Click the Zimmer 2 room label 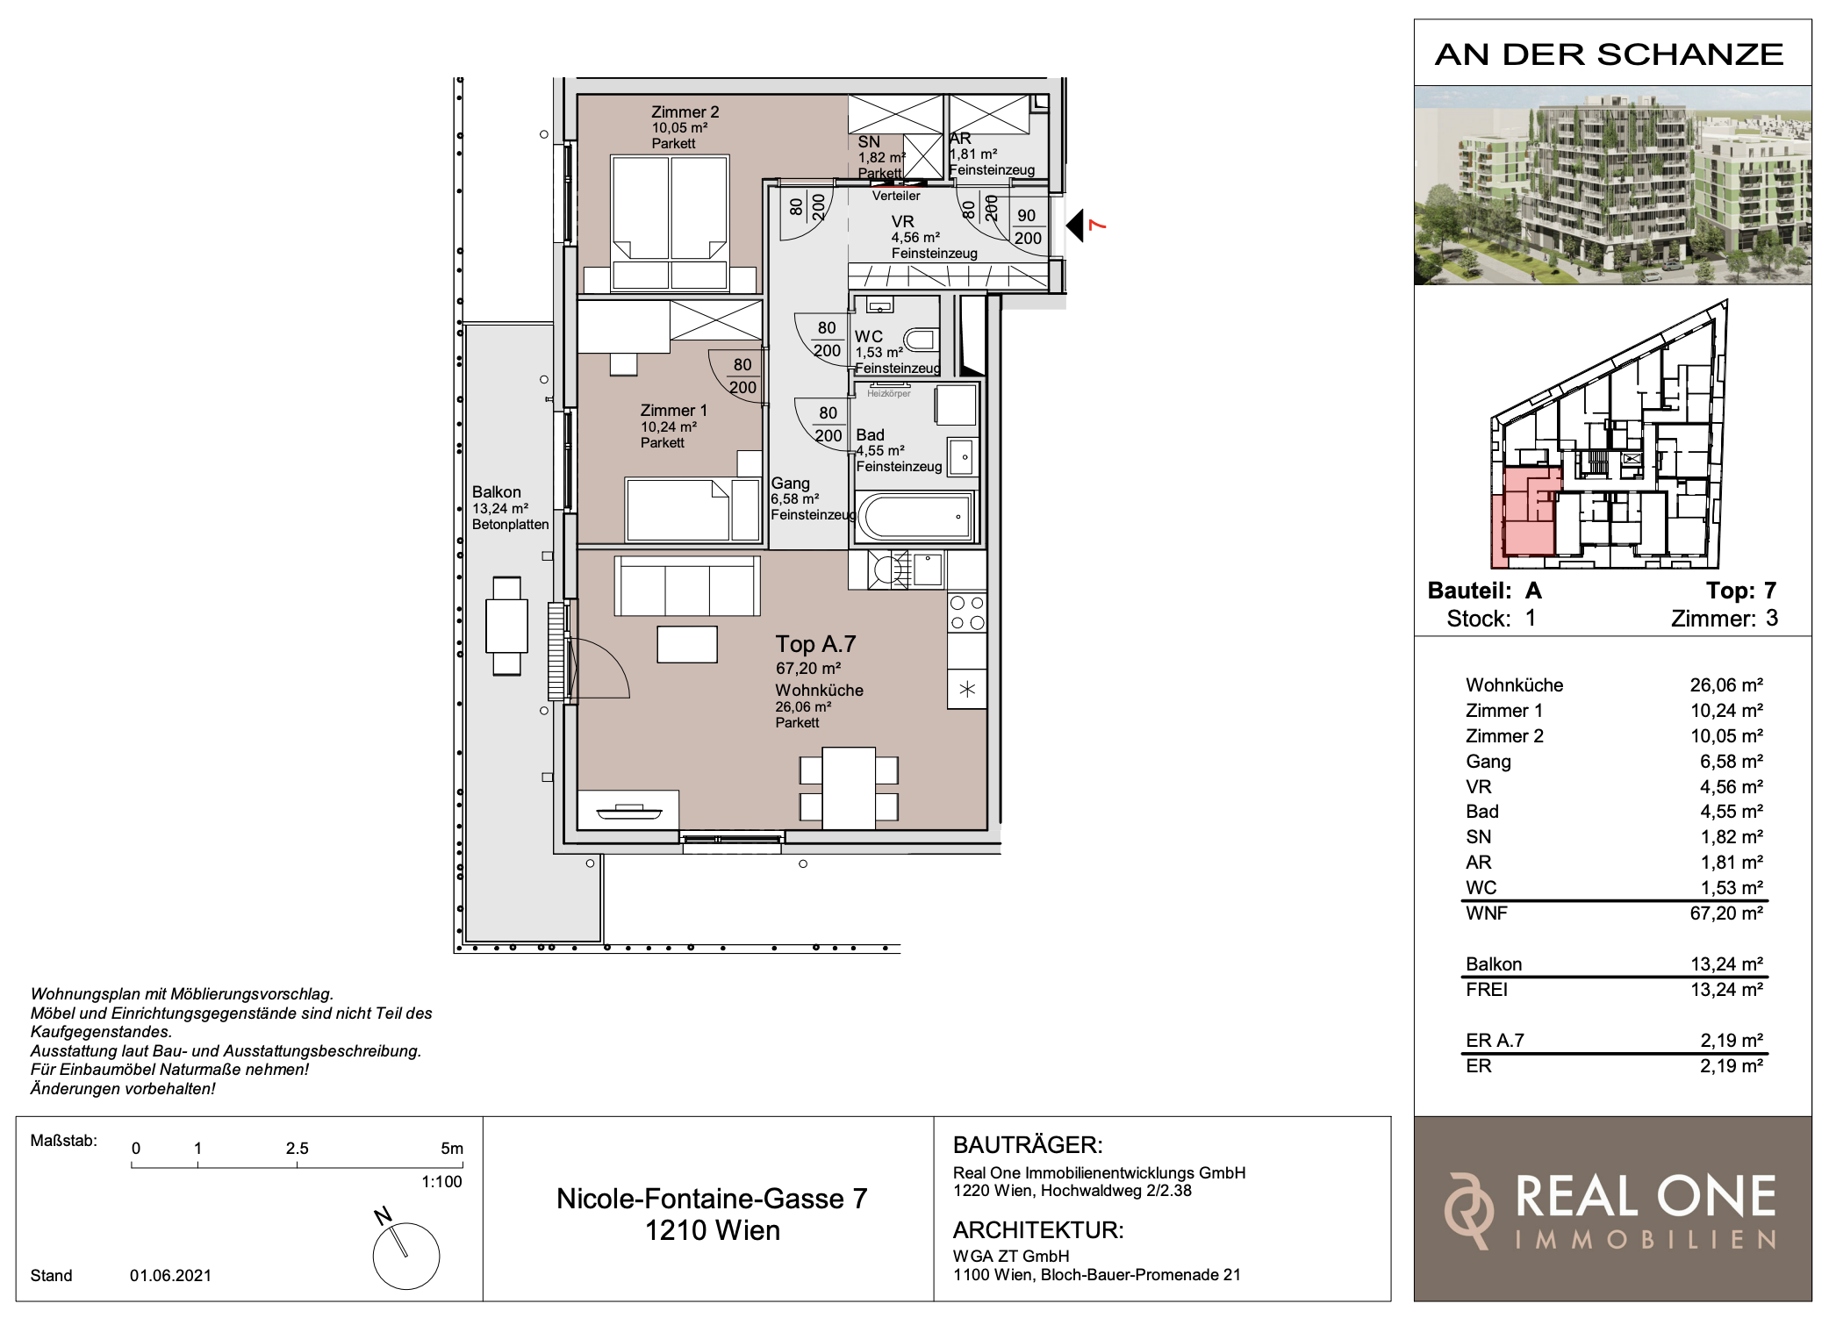point(685,112)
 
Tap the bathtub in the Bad point(916,516)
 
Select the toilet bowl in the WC point(921,340)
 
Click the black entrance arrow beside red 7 point(1075,226)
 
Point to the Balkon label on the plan point(496,492)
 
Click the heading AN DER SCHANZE point(1609,54)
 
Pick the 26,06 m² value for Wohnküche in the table point(1726,685)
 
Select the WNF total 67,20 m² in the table point(1726,913)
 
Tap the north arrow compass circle point(406,1256)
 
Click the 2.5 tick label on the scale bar point(297,1148)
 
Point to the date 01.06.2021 point(170,1275)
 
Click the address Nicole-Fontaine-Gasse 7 point(712,1199)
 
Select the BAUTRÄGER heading point(1028,1145)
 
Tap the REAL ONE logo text point(1646,1197)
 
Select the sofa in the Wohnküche point(687,586)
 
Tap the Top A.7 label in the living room point(815,644)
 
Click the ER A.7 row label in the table point(1495,1041)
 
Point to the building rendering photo point(1612,185)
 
